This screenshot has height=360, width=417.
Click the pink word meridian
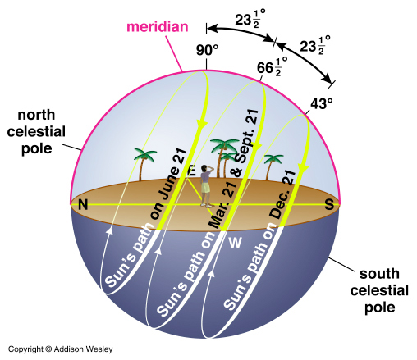pos(158,27)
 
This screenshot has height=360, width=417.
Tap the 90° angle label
pos(207,50)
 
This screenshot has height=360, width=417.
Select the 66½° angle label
pos(272,67)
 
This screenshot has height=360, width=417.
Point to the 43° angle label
pos(322,104)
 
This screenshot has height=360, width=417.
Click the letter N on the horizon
pos(83,204)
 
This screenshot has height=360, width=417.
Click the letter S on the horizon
pos(329,204)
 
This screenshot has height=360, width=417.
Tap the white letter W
pos(235,243)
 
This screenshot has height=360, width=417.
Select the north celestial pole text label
pos(36,132)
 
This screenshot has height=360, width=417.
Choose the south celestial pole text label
pos(379,290)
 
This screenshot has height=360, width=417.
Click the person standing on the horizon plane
pos(206,186)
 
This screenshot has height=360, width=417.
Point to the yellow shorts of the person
pos(206,188)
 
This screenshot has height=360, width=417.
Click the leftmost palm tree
pos(144,164)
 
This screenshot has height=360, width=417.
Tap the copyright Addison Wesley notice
pos(61,349)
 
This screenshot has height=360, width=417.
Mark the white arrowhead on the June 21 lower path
pos(110,230)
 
